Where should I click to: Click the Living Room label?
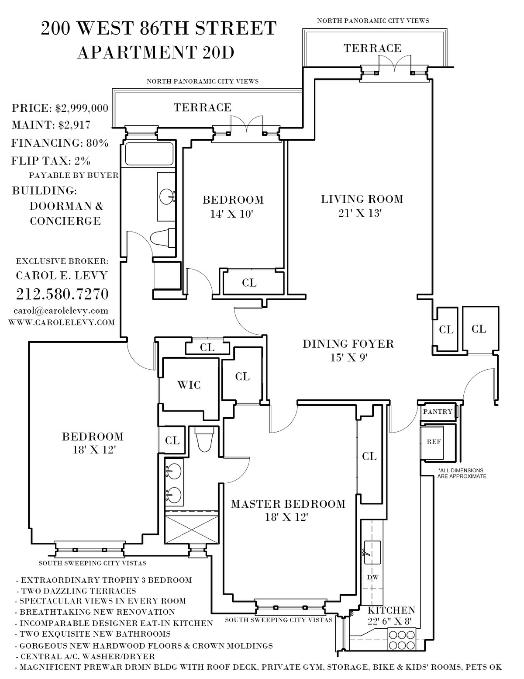point(362,199)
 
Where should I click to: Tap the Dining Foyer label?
point(348,344)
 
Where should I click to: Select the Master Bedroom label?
point(288,504)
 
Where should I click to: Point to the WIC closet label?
point(189,385)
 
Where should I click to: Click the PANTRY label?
point(438,412)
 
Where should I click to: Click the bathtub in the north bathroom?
point(149,154)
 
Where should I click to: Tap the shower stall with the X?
point(191,531)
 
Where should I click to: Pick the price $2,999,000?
point(82,108)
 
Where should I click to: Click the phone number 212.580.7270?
point(62,294)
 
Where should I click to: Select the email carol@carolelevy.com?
point(61,311)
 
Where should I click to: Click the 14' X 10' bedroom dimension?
point(231,214)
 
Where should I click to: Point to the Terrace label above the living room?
point(372,48)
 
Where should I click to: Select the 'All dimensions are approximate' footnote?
point(462,473)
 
